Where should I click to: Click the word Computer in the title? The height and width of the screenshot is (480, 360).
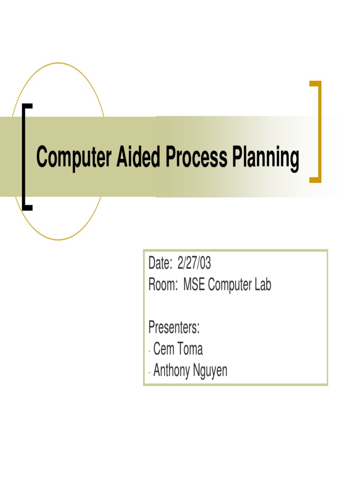pyautogui.click(x=74, y=158)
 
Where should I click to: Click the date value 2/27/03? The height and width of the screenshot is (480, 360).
pyautogui.click(x=194, y=264)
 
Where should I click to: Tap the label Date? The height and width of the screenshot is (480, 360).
pyautogui.click(x=160, y=264)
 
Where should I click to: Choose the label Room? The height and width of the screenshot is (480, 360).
pyautogui.click(x=162, y=285)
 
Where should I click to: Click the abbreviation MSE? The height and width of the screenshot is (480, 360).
pyautogui.click(x=194, y=285)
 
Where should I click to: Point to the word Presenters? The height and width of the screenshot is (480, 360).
pyautogui.click(x=174, y=328)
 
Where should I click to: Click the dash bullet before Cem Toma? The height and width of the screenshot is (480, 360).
pyautogui.click(x=150, y=350)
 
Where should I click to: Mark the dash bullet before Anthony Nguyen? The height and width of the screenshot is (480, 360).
pyautogui.click(x=150, y=372)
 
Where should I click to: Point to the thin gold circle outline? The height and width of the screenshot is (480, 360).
pyautogui.click(x=58, y=63)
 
